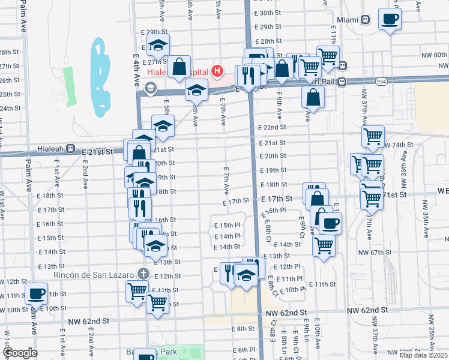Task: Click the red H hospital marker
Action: coord(217,72)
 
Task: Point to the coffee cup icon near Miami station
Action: coord(390,19)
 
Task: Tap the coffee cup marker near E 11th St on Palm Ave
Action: coord(37,294)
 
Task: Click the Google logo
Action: coord(20,353)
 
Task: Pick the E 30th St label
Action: coord(268,13)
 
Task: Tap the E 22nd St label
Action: coord(272,127)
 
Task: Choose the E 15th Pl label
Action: coord(228,225)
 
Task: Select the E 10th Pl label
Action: coord(293,289)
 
